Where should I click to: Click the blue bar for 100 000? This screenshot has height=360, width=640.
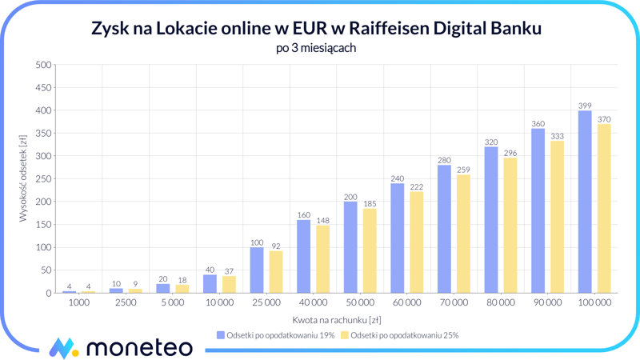coord(585,202)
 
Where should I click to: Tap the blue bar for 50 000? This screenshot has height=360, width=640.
coord(350,247)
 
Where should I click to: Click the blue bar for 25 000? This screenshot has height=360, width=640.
coord(257,270)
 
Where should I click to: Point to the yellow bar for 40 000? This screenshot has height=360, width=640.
coord(322,259)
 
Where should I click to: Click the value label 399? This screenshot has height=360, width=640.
coord(585,106)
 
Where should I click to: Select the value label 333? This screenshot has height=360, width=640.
coord(557,136)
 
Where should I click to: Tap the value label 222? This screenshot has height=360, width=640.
coord(416,186)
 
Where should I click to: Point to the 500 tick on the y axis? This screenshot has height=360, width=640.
coord(43,65)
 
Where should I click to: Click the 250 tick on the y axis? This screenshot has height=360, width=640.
coord(43,179)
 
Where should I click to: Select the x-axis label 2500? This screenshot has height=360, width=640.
coord(126,303)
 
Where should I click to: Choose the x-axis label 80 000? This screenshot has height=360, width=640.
coord(500,303)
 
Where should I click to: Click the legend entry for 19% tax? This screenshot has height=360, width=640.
coord(276,335)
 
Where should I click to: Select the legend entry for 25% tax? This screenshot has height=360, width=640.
coord(400,335)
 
